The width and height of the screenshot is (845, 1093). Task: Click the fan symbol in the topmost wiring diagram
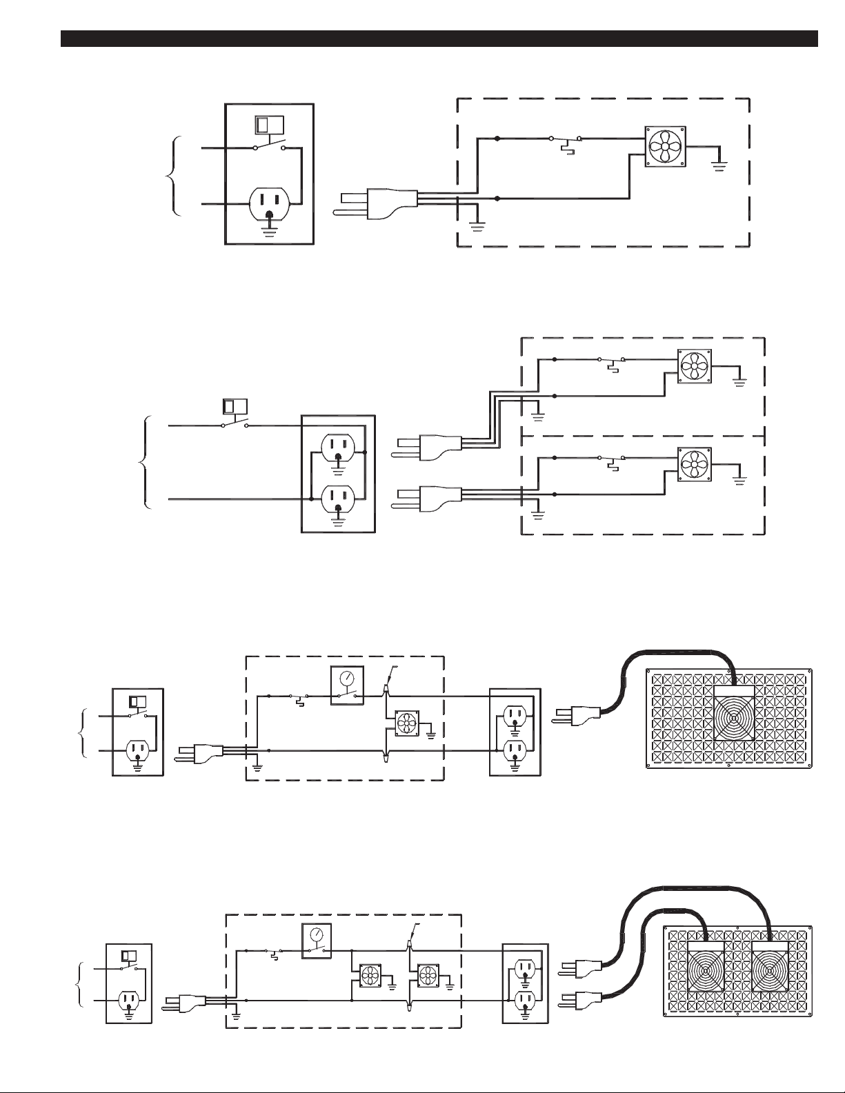tap(664, 146)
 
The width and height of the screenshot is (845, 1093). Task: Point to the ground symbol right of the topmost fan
tap(719, 163)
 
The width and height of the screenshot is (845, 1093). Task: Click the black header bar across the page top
tap(439, 39)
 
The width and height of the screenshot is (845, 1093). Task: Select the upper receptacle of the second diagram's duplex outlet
tap(338, 452)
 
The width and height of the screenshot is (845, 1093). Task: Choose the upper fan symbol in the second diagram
tap(694, 366)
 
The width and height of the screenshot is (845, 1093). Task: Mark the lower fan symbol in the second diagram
tap(694, 463)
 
